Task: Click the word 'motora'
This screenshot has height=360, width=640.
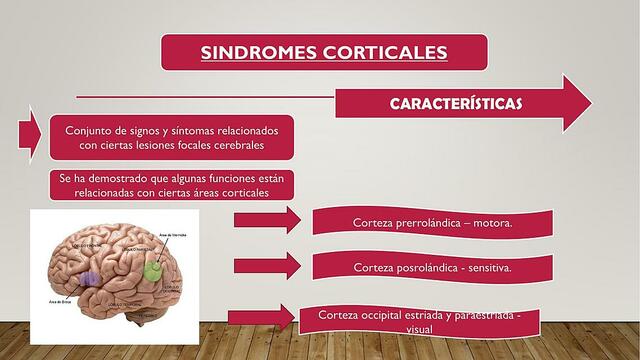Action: pos(488,222)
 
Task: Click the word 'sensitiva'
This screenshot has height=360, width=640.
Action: pos(487,269)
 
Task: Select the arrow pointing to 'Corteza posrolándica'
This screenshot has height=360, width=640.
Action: pos(266,265)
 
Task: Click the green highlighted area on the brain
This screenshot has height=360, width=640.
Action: pos(153,268)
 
